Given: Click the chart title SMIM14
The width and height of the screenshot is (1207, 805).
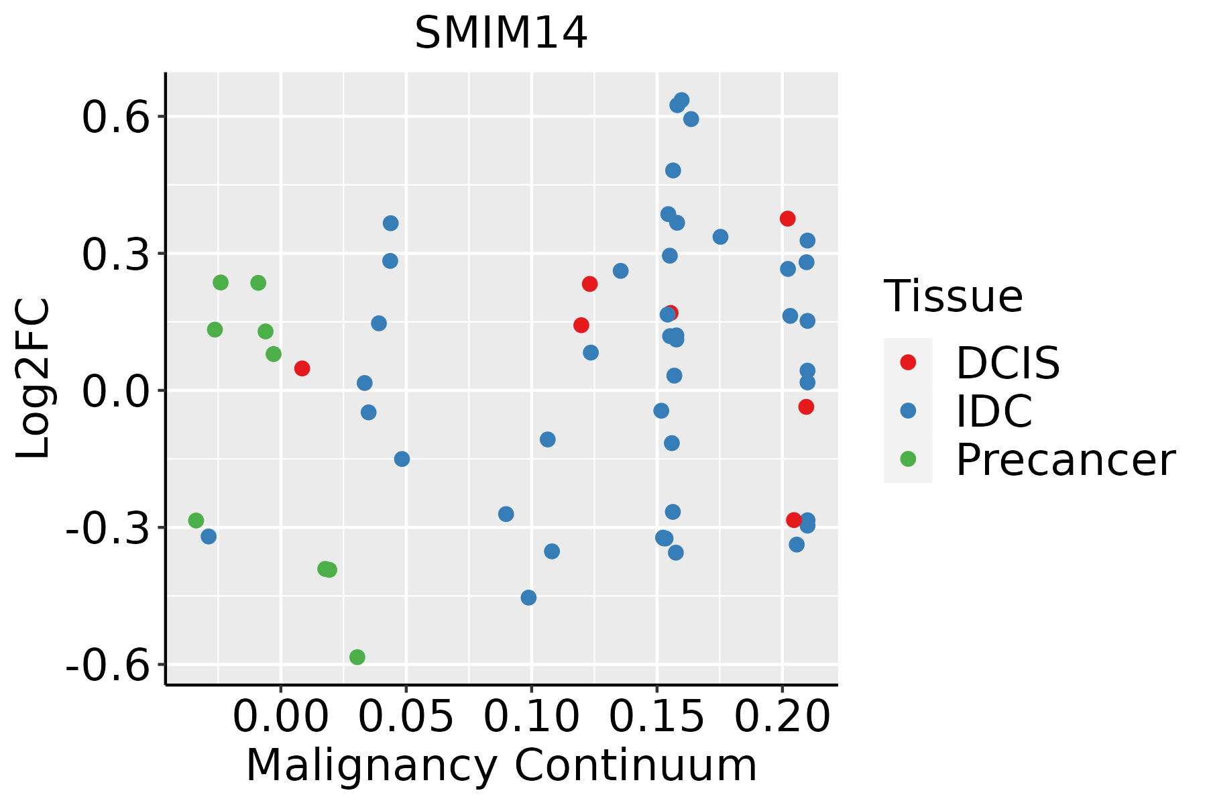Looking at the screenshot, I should coord(501,34).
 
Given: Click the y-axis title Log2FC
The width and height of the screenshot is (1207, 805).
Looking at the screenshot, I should coord(34,378).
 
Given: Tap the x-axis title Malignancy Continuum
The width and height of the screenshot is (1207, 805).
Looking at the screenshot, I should coord(501,766).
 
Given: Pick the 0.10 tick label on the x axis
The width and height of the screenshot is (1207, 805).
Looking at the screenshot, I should coord(531,716).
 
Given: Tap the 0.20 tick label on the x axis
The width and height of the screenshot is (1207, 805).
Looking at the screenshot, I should coord(782,716).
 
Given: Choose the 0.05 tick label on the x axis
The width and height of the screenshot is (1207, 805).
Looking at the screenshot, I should coord(406,716).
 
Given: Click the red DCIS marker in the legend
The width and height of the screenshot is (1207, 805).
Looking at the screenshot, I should coord(908,362).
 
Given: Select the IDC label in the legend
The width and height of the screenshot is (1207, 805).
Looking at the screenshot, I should coord(994,411).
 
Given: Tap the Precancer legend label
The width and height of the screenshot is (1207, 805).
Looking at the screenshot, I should coord(1065,460).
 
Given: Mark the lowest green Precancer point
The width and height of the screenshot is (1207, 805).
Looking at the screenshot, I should coord(357,657).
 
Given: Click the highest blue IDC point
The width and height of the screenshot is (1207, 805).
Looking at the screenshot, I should coord(681,101).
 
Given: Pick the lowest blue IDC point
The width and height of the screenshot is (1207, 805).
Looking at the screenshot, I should coord(528,597).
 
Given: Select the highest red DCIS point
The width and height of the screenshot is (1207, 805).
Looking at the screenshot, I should coord(787,219).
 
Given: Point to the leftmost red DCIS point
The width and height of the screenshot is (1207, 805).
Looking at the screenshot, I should coord(302,368).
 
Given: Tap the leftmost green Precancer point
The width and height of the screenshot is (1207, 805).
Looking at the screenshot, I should coord(196,521).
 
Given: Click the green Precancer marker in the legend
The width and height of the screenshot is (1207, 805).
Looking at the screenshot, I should coord(908,459).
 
